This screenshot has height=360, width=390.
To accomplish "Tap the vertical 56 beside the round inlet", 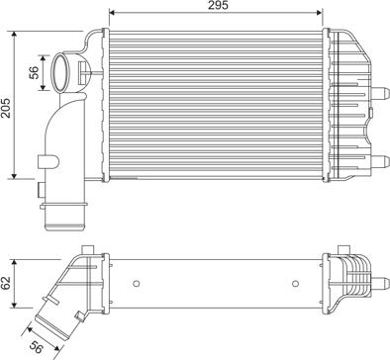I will (35, 73).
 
